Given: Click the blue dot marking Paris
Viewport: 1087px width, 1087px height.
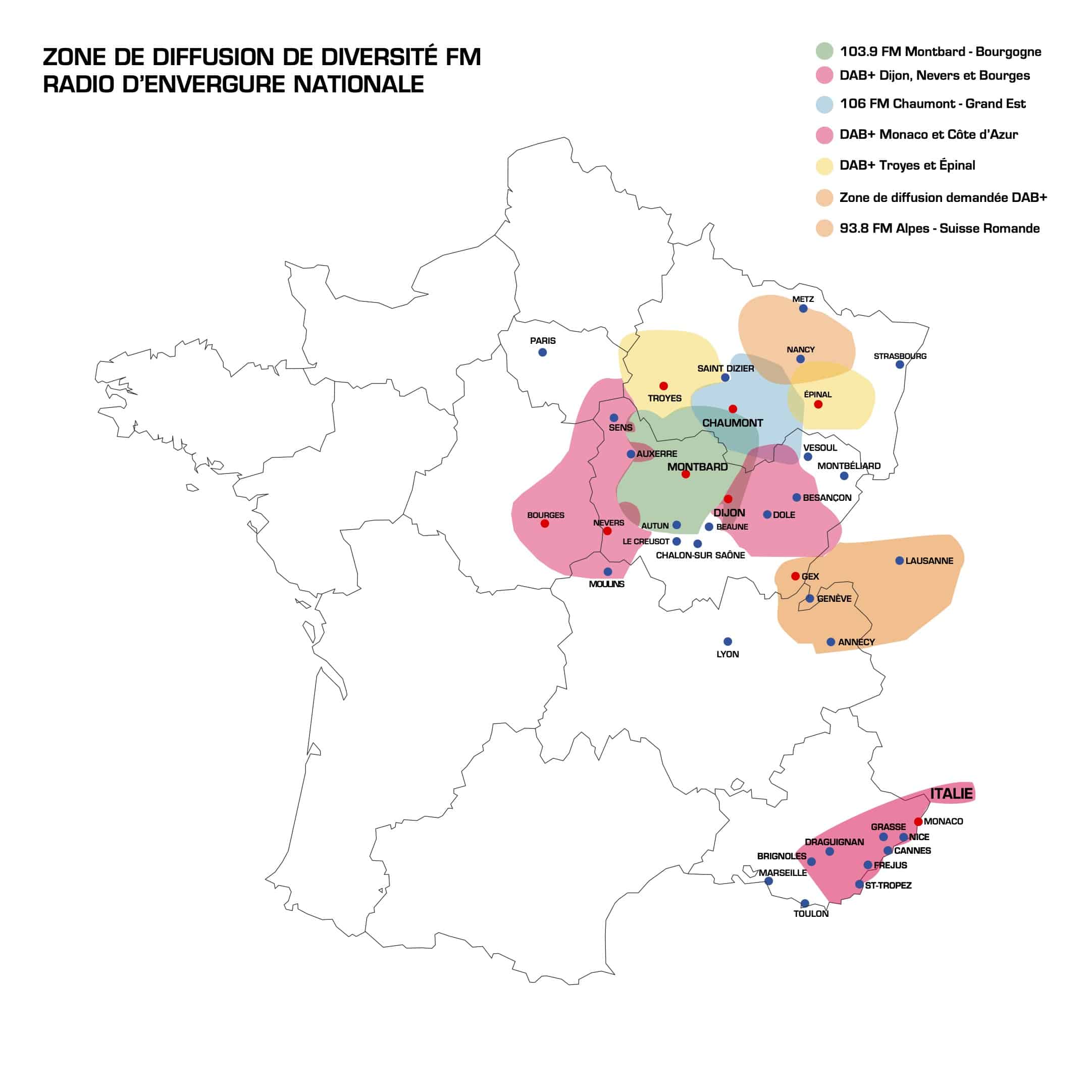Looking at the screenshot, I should coord(542,352).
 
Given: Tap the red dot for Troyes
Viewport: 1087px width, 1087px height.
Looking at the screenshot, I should coord(663,386).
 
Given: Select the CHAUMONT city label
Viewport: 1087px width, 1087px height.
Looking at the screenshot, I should coord(733,423).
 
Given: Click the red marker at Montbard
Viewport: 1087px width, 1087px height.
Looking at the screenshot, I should coord(685,474).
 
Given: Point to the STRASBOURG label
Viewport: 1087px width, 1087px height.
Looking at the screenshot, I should coord(900,356).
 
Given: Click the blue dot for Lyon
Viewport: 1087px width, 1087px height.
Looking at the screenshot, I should coord(728,641).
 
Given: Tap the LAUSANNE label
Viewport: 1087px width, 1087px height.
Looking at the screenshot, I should coord(929,561).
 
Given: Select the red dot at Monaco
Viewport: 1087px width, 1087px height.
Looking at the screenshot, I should coord(918,821).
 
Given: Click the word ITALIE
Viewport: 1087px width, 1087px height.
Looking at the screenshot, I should coord(951,794).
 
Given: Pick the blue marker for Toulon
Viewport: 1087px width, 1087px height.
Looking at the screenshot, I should coord(805,904).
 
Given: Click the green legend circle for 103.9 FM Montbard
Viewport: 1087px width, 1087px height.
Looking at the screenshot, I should coord(824,51).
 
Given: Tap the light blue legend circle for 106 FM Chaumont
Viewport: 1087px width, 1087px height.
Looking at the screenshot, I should coord(824,104).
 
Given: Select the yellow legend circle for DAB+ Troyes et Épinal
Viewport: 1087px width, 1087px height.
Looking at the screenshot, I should coord(824,166).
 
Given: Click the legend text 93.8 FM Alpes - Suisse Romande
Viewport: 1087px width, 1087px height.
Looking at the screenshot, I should coord(939,228).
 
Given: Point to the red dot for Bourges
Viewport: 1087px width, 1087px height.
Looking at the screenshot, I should coord(545,524).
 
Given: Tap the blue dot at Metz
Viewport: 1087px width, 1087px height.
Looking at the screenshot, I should coord(803,308).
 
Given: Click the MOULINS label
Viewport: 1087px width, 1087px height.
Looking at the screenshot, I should coord(606,584).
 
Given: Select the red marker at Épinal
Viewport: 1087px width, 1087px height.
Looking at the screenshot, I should coord(818,404).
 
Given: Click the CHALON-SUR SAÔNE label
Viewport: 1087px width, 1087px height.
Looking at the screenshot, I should coord(700,555).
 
